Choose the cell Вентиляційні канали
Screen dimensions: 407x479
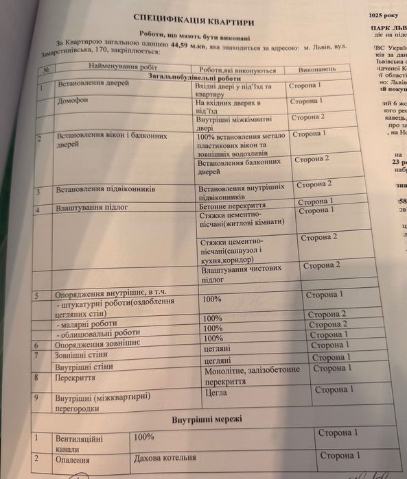pos(80,441)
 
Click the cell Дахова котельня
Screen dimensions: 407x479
pos(165,458)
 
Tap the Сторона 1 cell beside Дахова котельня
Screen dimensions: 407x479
pos(339,455)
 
